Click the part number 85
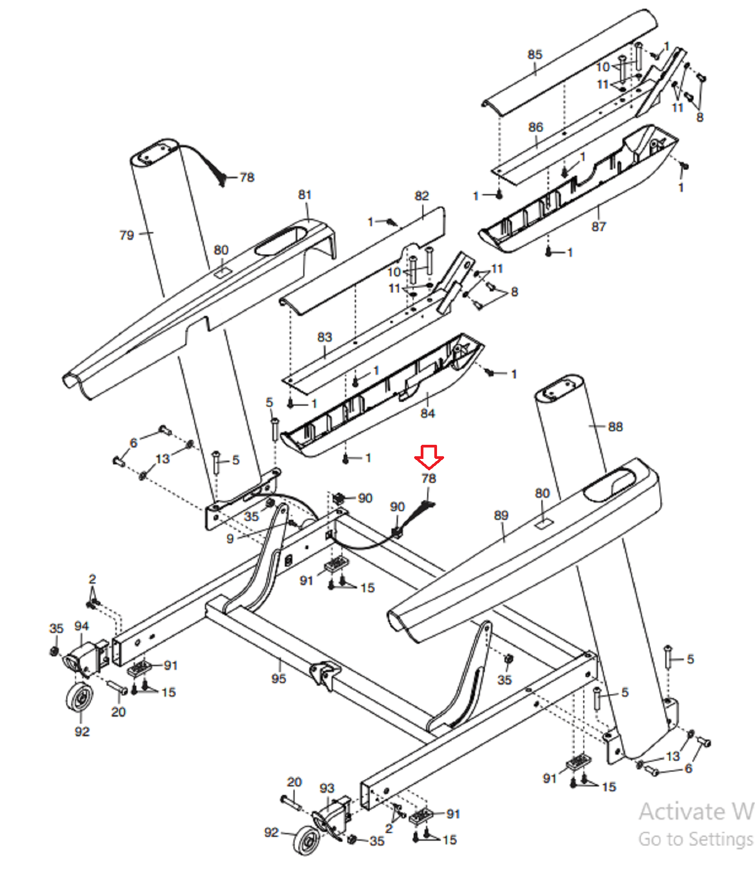pos(535,54)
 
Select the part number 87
pos(598,226)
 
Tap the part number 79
pos(127,235)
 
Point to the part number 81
pos(305,195)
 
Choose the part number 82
pos(422,196)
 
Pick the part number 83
pos(325,337)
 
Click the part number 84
pos(428,413)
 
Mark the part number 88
pos(615,427)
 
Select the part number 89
pos(501,515)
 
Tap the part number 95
pos(279,679)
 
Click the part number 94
pos(82,626)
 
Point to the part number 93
pos(327,788)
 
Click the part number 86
pos(535,127)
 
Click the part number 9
pos(230,538)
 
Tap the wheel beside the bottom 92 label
pos(307,840)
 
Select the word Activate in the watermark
pos(682,811)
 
